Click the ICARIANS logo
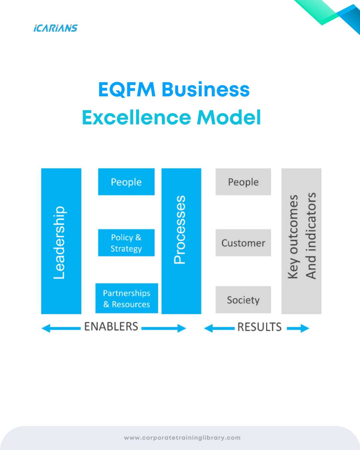point(55,28)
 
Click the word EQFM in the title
point(127,89)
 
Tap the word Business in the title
point(206,89)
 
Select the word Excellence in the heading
point(136,117)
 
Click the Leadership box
point(61,241)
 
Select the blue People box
point(126,182)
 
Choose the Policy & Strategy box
point(126,243)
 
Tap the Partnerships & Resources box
point(127,298)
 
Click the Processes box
point(181,241)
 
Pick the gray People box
point(243,182)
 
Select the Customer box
point(243,243)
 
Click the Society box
point(243,300)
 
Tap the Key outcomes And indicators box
point(301,241)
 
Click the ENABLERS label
point(111,326)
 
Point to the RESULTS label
point(259,327)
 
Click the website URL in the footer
point(182,438)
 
